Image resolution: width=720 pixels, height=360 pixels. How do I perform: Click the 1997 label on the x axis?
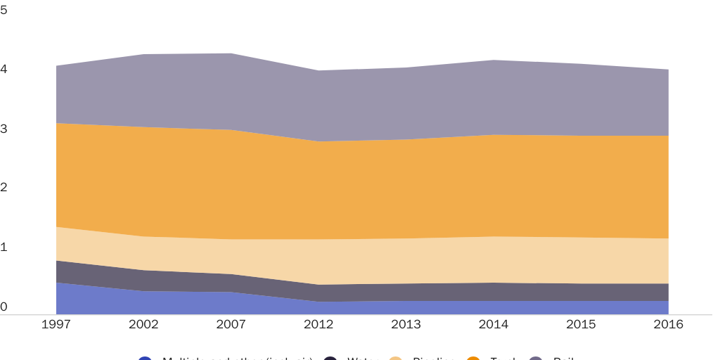coord(56,324)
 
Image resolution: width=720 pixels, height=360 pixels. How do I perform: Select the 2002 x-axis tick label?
coord(143,324)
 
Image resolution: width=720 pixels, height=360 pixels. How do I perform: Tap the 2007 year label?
coord(231,324)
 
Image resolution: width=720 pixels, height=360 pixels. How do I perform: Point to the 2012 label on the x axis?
coord(319,324)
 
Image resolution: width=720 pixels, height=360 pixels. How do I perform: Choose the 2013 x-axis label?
coord(406,324)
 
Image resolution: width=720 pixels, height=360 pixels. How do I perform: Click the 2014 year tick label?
coord(494,324)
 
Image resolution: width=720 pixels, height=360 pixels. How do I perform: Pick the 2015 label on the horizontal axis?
coord(581,324)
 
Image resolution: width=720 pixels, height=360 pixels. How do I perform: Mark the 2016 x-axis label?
coord(668,324)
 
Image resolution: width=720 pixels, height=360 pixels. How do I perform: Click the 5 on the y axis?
coord(4,10)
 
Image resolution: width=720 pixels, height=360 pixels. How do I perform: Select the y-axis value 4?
coord(4,69)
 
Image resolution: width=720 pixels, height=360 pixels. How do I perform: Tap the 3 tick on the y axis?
coord(4,129)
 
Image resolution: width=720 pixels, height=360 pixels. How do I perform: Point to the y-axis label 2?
coord(4,188)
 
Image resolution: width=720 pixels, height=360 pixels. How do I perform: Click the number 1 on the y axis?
coord(4,247)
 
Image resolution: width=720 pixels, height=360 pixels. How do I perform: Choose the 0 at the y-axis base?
coord(4,307)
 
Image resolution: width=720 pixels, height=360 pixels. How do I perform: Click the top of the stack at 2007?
coord(231,53)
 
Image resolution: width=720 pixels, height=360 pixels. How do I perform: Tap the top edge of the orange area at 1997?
coord(57,123)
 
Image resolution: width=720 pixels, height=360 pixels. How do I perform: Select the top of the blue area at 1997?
coord(57,283)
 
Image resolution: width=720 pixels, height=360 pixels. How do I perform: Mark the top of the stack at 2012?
coord(319,70)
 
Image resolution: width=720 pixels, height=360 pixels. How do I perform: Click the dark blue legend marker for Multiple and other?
coord(145,359)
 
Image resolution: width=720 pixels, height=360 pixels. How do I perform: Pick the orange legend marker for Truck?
coord(473,359)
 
